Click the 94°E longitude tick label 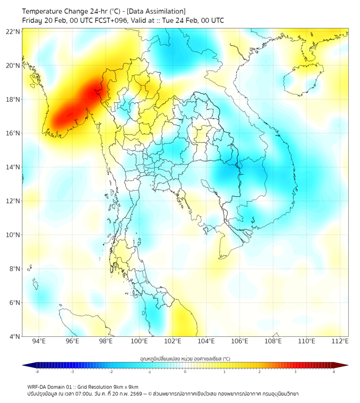click(x=39, y=341)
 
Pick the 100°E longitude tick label click(x=139, y=341)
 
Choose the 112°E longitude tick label click(x=340, y=341)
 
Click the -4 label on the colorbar click(x=36, y=372)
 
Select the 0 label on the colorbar click(x=185, y=372)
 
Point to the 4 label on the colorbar click(x=333, y=372)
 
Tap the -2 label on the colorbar click(x=110, y=372)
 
